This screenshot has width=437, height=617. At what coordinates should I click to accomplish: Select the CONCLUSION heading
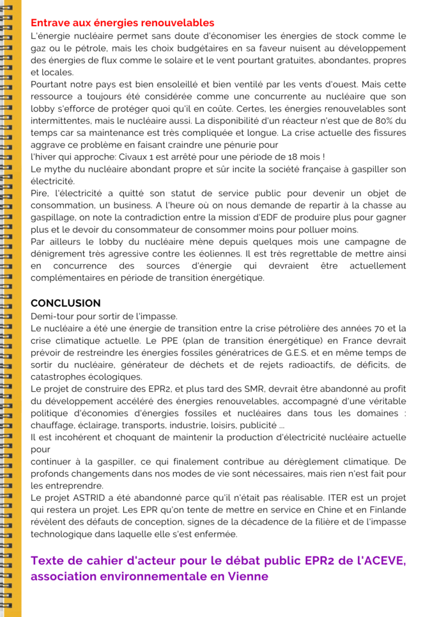point(66,302)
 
